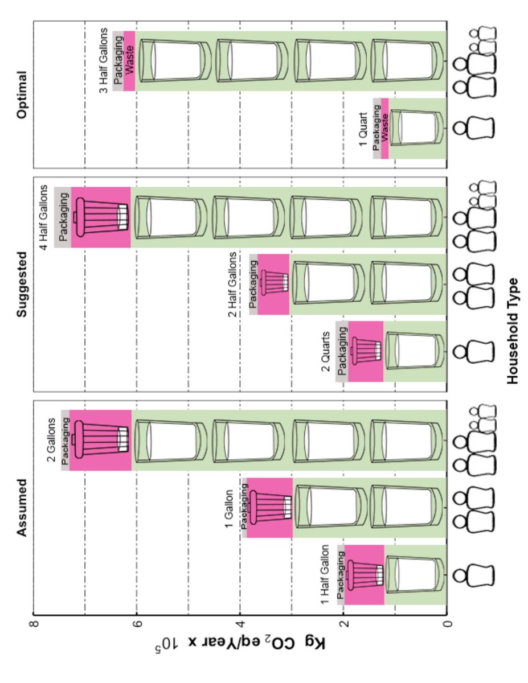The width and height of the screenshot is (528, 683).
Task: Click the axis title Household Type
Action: (513, 331)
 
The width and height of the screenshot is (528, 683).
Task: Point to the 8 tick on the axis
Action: (34, 625)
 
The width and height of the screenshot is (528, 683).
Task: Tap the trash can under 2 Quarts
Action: (365, 351)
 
